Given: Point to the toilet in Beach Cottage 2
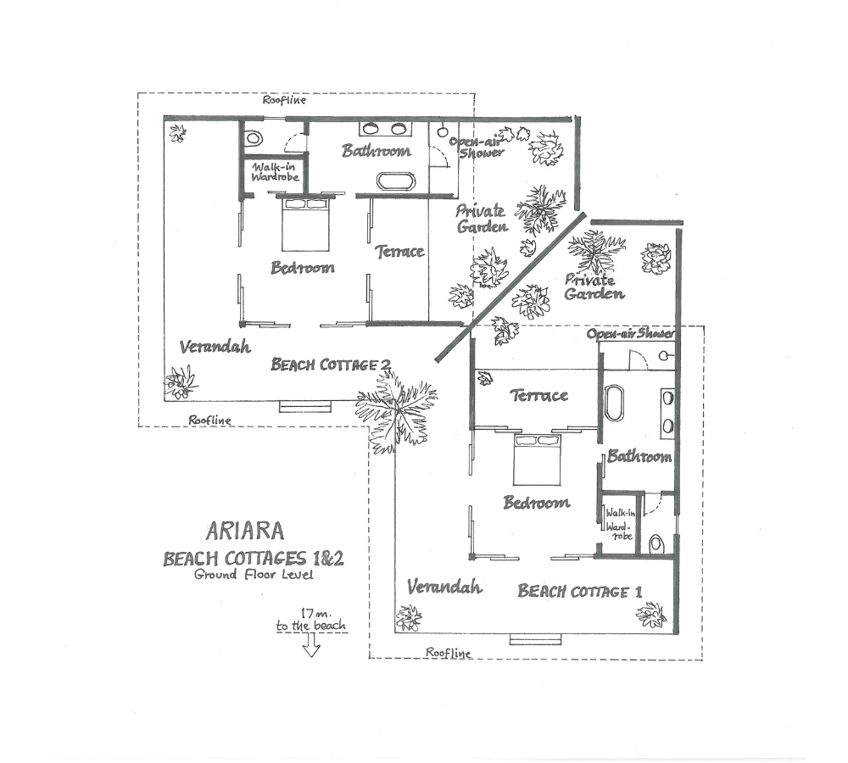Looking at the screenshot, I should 253,137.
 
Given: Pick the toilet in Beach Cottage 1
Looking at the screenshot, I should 656,543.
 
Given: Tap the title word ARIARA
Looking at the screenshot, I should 244,532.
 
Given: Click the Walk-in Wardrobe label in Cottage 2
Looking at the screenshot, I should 272,174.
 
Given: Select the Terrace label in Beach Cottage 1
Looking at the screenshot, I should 538,395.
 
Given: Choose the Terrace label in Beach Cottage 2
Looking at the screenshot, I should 399,252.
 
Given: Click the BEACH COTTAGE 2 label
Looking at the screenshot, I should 331,365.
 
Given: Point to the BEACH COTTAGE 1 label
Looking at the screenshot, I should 579,591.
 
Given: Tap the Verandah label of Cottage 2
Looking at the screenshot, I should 215,346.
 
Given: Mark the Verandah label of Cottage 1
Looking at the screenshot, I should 444,587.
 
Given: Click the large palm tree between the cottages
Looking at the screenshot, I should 396,411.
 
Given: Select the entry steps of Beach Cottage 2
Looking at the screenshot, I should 305,406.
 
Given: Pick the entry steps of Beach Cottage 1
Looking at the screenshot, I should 535,639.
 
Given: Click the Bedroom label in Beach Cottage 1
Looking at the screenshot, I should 536,502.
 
